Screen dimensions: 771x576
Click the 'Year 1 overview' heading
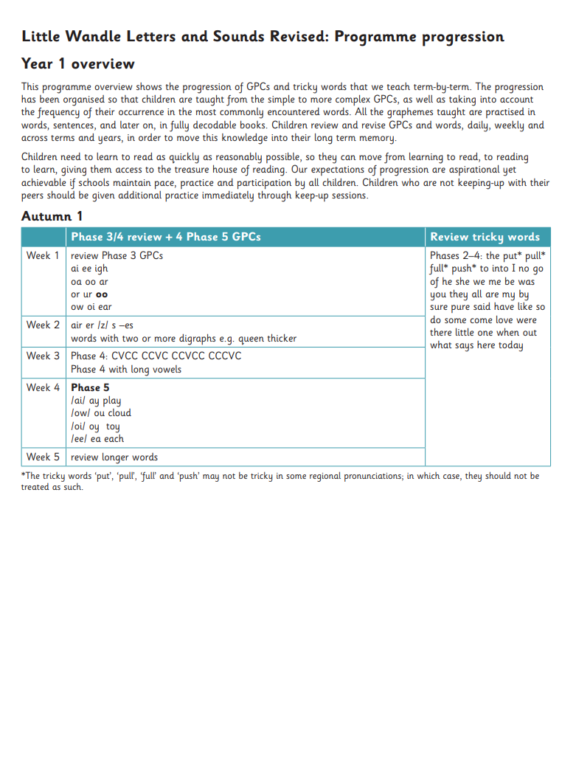click(77, 64)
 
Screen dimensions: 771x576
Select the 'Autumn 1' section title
click(52, 216)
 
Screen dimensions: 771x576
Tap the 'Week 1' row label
click(43, 256)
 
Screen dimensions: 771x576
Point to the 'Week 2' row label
click(43, 325)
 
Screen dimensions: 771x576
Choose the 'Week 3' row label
click(43, 356)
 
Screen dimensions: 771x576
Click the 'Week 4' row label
click(43, 387)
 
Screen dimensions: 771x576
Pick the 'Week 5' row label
click(43, 457)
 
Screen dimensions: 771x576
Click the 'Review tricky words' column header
click(485, 237)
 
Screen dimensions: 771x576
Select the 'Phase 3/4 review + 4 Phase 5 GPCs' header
click(165, 237)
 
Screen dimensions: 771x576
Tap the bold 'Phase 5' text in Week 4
click(90, 387)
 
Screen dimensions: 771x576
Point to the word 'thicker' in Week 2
click(282, 339)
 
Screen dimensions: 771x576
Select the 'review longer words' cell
click(114, 457)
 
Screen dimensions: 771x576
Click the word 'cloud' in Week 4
click(119, 413)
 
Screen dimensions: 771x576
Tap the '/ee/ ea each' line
click(97, 439)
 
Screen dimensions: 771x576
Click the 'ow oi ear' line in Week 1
click(91, 307)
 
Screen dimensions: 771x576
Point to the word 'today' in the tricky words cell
click(509, 345)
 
